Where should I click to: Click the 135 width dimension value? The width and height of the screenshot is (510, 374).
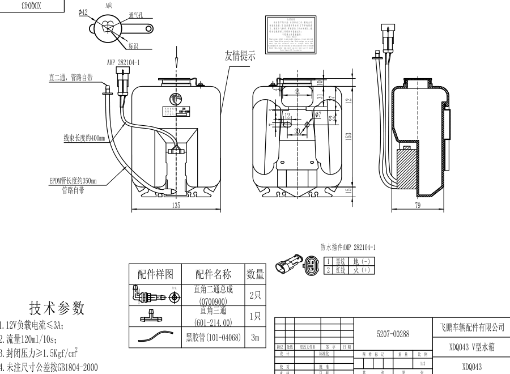(x=176, y=205)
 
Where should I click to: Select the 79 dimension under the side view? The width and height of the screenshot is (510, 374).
(x=418, y=205)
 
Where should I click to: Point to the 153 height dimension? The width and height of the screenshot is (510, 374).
(x=349, y=135)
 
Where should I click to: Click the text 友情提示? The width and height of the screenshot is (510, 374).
(x=240, y=56)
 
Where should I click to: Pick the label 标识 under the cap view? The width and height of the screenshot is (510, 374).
(x=134, y=45)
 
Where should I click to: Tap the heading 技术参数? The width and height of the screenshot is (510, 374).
(x=57, y=308)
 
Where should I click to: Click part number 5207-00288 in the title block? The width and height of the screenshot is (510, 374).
(x=393, y=334)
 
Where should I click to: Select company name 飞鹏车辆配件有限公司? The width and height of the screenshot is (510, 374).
(x=471, y=327)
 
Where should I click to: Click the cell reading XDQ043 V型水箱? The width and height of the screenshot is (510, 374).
(x=471, y=347)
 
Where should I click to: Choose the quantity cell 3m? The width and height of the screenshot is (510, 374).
(x=255, y=337)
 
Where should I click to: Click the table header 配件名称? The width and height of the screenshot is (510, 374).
(x=213, y=274)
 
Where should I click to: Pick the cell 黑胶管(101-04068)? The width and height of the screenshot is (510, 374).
(x=213, y=337)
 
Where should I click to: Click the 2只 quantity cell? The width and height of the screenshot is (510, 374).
(x=255, y=295)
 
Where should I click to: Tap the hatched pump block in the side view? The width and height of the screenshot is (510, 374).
(x=405, y=169)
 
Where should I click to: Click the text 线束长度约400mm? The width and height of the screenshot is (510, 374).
(x=84, y=137)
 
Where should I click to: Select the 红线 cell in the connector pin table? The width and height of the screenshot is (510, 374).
(x=340, y=270)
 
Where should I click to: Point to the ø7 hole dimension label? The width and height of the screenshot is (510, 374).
(x=318, y=114)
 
